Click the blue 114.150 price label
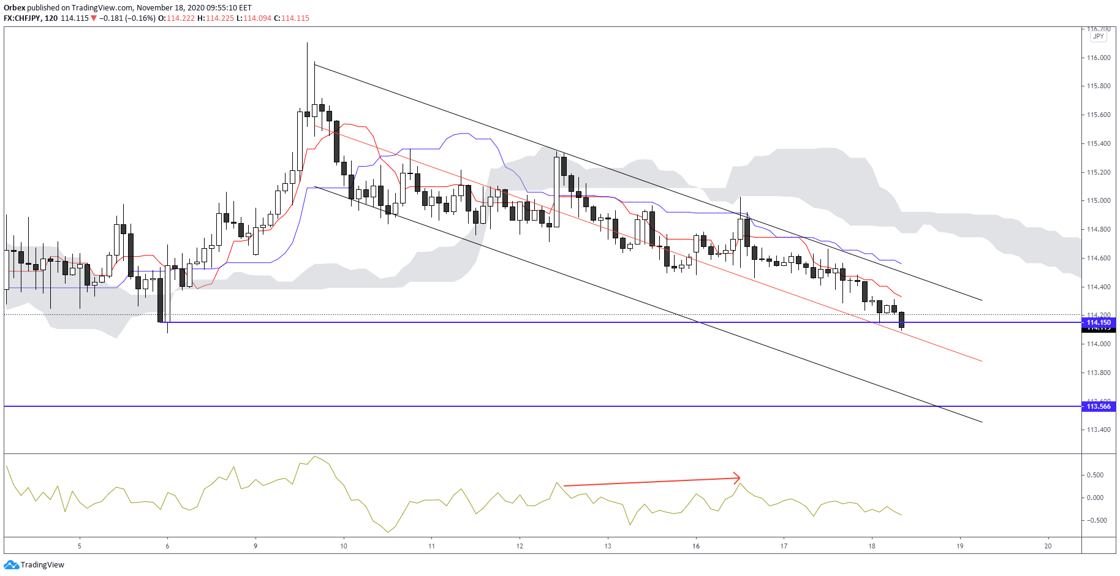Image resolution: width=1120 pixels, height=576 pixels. click(x=1099, y=322)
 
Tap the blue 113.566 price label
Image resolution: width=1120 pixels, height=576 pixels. click(x=1099, y=406)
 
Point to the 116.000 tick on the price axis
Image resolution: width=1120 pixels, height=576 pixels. click(x=1099, y=58)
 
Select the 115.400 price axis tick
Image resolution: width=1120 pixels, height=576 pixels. click(x=1099, y=143)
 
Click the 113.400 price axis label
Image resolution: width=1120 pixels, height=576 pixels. click(x=1099, y=430)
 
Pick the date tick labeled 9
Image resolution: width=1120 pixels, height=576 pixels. click(x=255, y=546)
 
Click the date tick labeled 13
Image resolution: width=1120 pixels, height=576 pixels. click(x=608, y=546)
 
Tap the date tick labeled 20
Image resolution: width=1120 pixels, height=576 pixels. click(x=1048, y=546)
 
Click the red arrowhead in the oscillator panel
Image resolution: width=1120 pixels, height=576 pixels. click(x=738, y=478)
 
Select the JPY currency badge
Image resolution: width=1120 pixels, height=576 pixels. click(x=1099, y=36)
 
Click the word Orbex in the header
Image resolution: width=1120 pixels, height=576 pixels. click(x=14, y=8)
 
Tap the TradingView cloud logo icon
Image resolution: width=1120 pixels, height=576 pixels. click(x=11, y=564)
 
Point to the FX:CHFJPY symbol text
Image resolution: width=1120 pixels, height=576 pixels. click(x=22, y=18)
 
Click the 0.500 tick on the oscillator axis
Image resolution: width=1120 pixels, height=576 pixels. click(x=1095, y=475)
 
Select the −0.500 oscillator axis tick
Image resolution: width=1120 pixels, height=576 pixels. click(x=1095, y=520)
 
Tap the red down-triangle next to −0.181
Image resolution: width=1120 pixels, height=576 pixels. click(x=94, y=18)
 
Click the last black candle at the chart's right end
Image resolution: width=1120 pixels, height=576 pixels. click(x=901, y=320)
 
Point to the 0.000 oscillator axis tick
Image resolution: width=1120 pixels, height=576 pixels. click(x=1095, y=498)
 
